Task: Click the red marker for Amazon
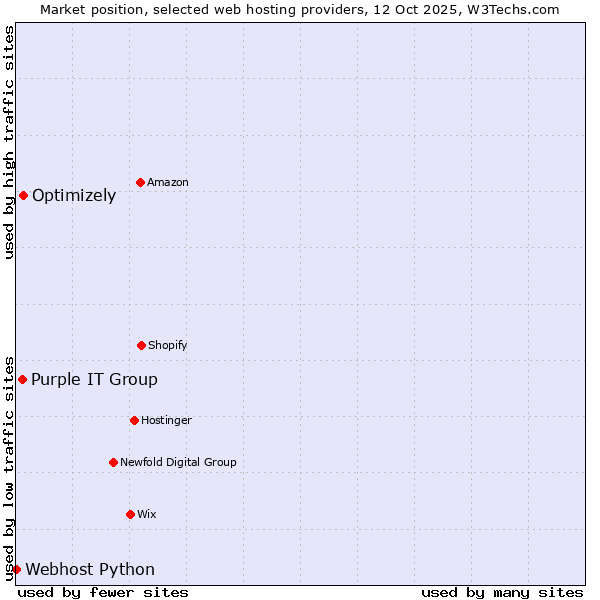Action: point(140,182)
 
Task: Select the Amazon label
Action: point(168,182)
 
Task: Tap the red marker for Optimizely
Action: point(23,195)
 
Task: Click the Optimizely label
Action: point(74,195)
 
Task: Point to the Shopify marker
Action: point(141,345)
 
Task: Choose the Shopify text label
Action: point(168,345)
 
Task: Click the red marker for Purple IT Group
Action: point(22,379)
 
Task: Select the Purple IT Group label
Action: point(94,379)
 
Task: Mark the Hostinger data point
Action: point(134,420)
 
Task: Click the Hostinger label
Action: point(166,420)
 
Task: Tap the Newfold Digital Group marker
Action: point(113,462)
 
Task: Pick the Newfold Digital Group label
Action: point(178,462)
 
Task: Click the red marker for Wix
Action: point(130,514)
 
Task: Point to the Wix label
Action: point(147,514)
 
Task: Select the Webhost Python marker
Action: point(16,569)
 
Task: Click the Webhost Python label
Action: point(90,569)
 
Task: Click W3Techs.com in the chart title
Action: point(518,9)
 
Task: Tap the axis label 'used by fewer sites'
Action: point(103,592)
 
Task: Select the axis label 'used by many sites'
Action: point(502,592)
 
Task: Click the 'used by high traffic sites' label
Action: point(9,142)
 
